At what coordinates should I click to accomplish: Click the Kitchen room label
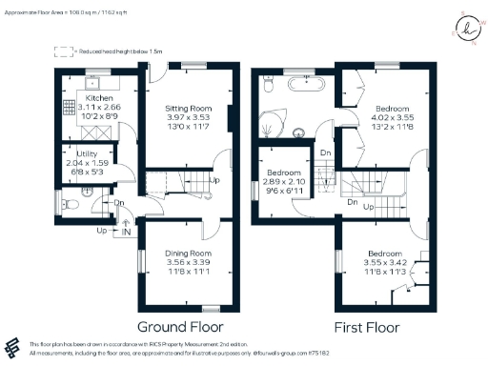click(x=100, y=97)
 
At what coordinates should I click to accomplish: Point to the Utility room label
click(x=83, y=153)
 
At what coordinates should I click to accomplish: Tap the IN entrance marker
click(x=126, y=231)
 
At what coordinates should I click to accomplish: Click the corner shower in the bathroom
click(x=275, y=125)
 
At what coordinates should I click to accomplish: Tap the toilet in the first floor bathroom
click(x=270, y=86)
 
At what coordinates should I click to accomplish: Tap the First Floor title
click(x=365, y=326)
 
